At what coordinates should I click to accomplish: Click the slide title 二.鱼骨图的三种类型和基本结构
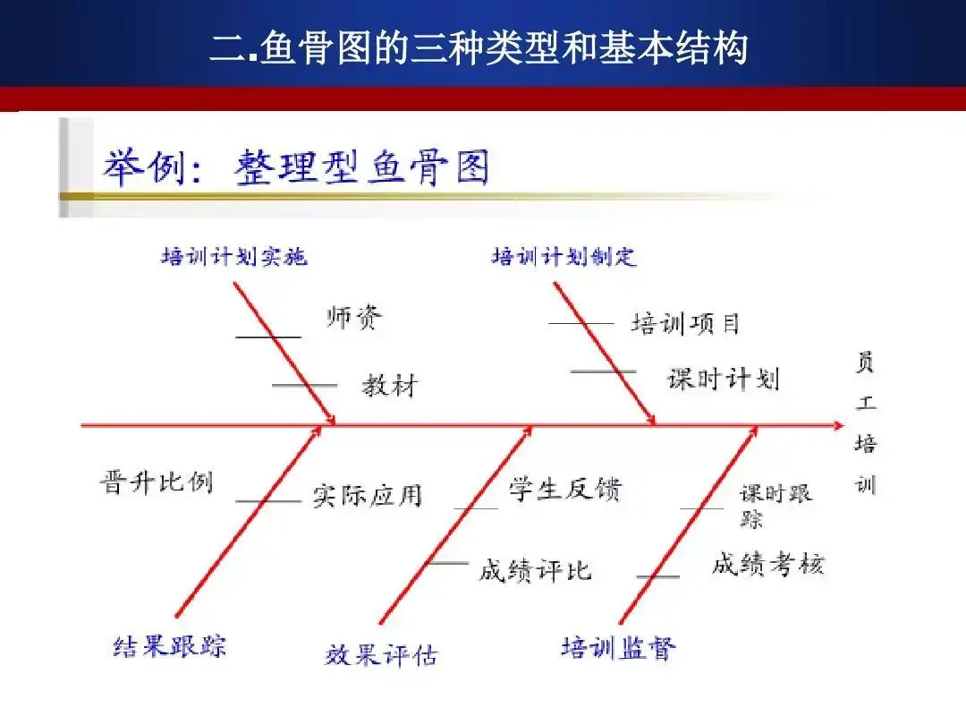479,47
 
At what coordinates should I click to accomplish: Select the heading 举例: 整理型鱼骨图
296,167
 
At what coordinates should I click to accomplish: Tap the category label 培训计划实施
234,256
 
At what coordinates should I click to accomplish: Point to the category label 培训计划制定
563,256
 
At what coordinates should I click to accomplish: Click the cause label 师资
354,317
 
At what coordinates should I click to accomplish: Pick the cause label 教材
390,386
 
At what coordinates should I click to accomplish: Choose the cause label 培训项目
685,324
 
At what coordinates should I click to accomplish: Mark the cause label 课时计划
724,379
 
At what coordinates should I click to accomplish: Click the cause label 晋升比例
157,482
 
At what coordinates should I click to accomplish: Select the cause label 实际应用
368,496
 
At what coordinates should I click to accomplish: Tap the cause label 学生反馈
565,489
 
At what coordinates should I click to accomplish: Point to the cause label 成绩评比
536,570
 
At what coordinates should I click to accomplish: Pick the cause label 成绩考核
768,564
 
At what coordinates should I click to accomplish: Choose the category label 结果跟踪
170,646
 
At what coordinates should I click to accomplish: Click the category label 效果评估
381,654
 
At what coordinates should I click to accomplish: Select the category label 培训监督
619,648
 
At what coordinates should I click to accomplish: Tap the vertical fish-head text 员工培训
866,422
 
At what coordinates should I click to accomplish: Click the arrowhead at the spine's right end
838,425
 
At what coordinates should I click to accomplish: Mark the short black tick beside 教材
304,385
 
